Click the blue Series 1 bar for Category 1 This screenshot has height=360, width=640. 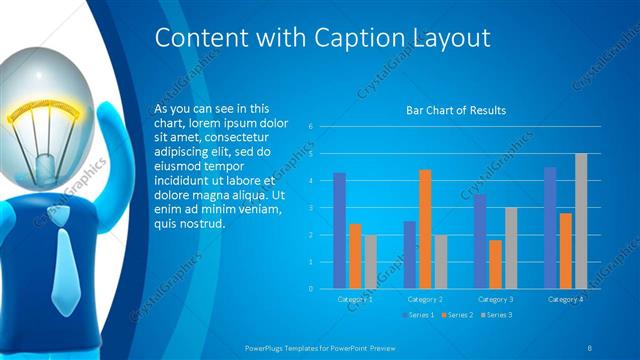coord(339,230)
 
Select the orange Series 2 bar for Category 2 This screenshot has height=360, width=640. coord(425,228)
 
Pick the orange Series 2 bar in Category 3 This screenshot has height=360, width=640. coord(495,263)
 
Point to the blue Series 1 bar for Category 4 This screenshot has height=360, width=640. coord(550,227)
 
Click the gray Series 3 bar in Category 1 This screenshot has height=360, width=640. coord(370,261)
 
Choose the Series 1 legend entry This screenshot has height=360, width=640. coord(418,315)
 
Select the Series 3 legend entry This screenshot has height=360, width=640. coord(498,315)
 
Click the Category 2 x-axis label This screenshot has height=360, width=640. coord(425,299)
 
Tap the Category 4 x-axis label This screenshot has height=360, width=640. coord(566,299)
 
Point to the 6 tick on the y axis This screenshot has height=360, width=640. coord(312,126)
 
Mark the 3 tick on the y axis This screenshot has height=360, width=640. coord(312,208)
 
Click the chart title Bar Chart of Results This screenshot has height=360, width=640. coord(455,110)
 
